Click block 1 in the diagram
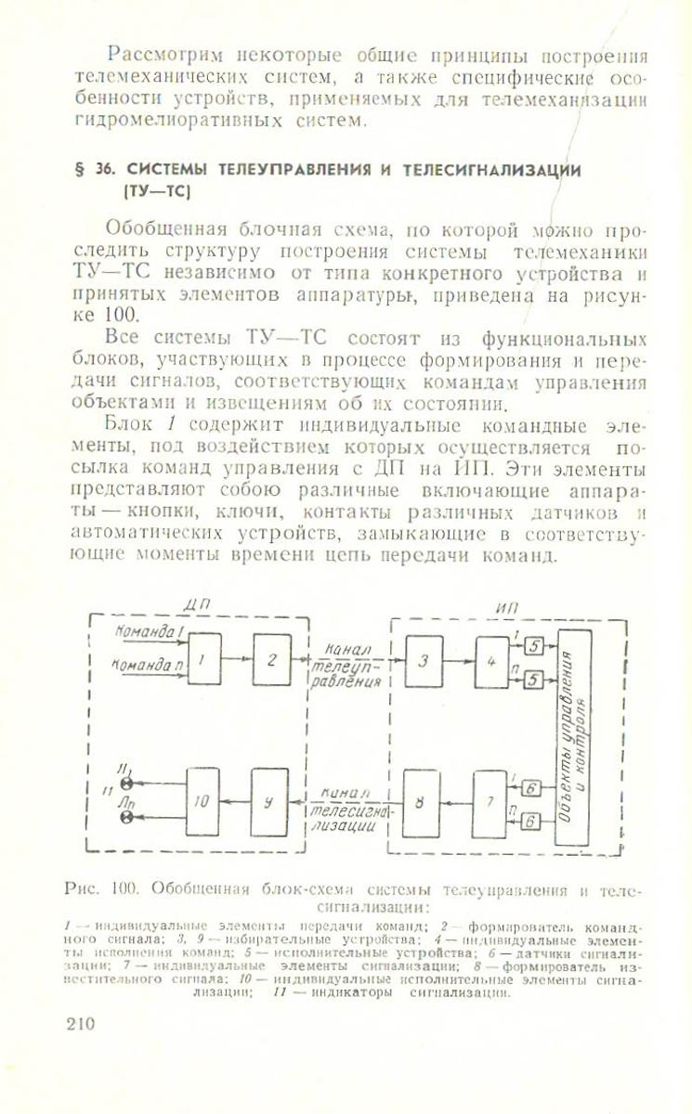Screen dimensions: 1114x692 [x=204, y=660]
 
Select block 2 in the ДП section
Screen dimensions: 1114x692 [x=271, y=660]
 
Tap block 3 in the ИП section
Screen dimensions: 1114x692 [x=424, y=661]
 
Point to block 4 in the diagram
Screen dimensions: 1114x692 [x=491, y=661]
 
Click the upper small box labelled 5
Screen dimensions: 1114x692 [x=532, y=646]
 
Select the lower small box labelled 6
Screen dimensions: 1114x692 [x=530, y=821]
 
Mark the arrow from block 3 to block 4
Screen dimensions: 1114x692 [x=458, y=661]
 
